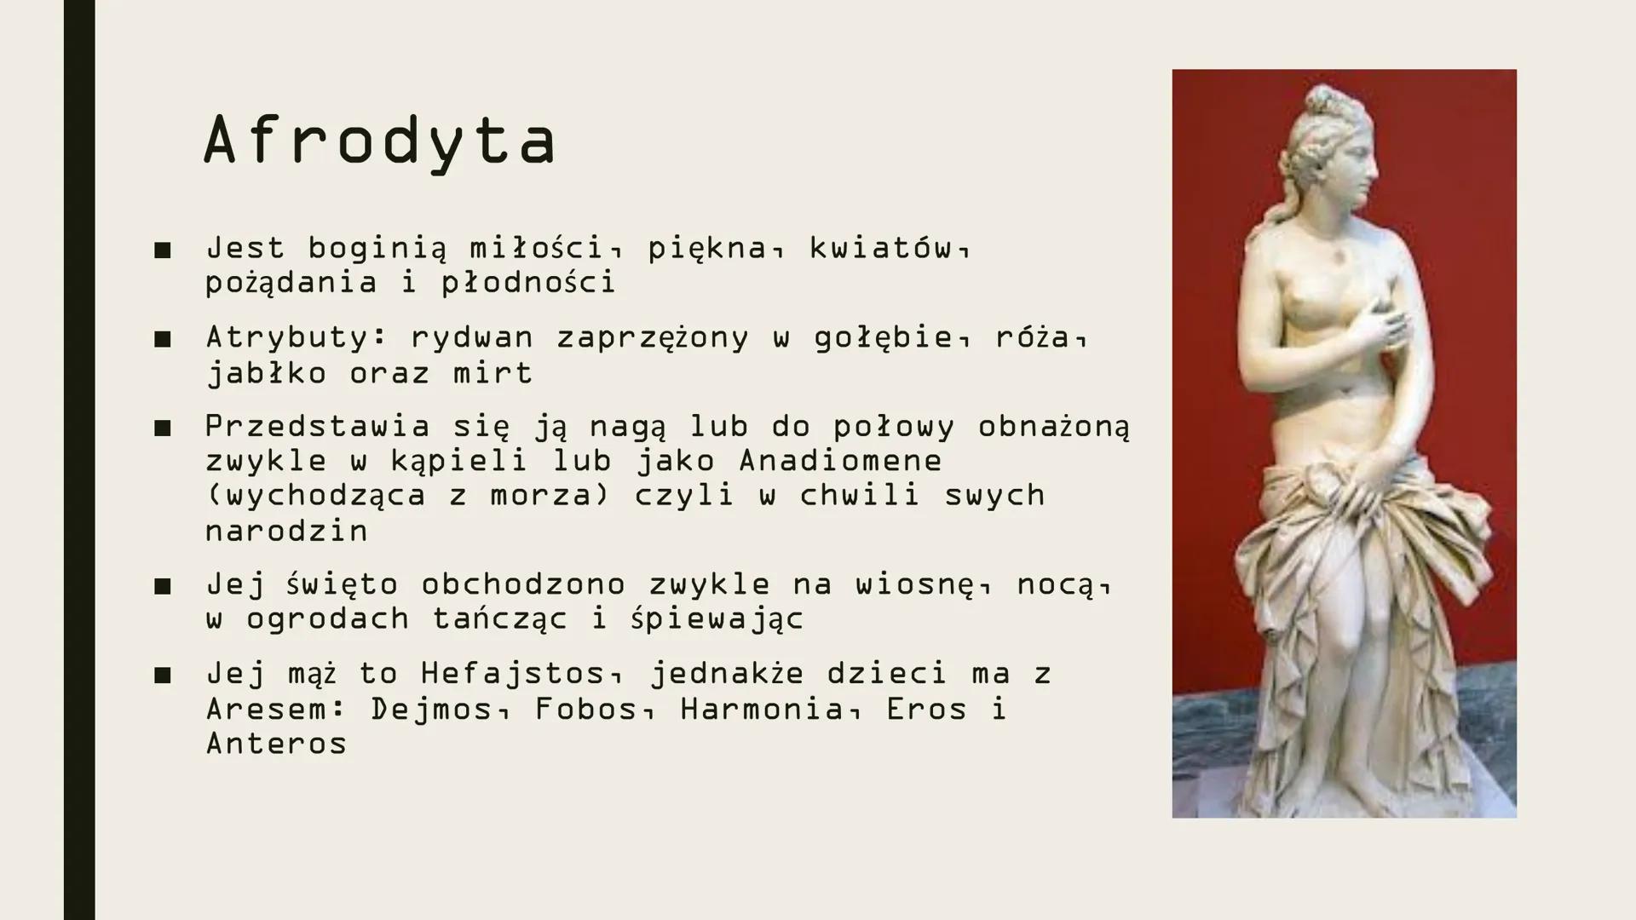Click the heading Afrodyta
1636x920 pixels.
380,141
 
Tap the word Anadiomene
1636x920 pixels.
840,461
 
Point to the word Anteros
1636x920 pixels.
276,744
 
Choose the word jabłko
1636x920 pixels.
266,374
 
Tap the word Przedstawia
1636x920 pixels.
317,426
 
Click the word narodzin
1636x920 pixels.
286,531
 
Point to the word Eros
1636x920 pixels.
926,709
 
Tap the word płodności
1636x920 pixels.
528,283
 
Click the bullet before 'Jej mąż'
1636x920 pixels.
163,676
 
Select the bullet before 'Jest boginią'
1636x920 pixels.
163,250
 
